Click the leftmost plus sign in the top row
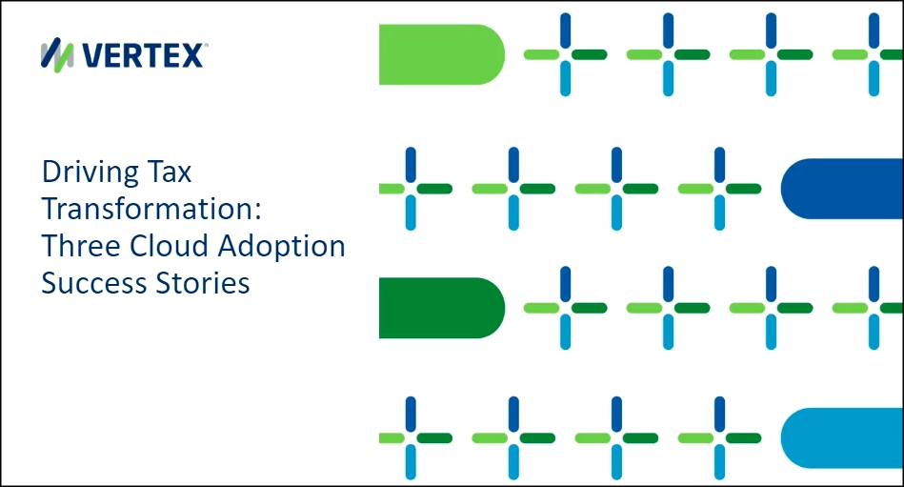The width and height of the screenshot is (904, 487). (565, 54)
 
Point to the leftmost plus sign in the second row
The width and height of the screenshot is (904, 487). (411, 189)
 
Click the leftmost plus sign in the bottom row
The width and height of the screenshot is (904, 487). (411, 438)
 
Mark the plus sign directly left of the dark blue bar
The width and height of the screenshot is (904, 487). (719, 189)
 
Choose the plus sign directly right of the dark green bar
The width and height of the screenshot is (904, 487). (565, 308)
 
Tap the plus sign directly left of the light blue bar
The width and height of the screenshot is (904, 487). (719, 438)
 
